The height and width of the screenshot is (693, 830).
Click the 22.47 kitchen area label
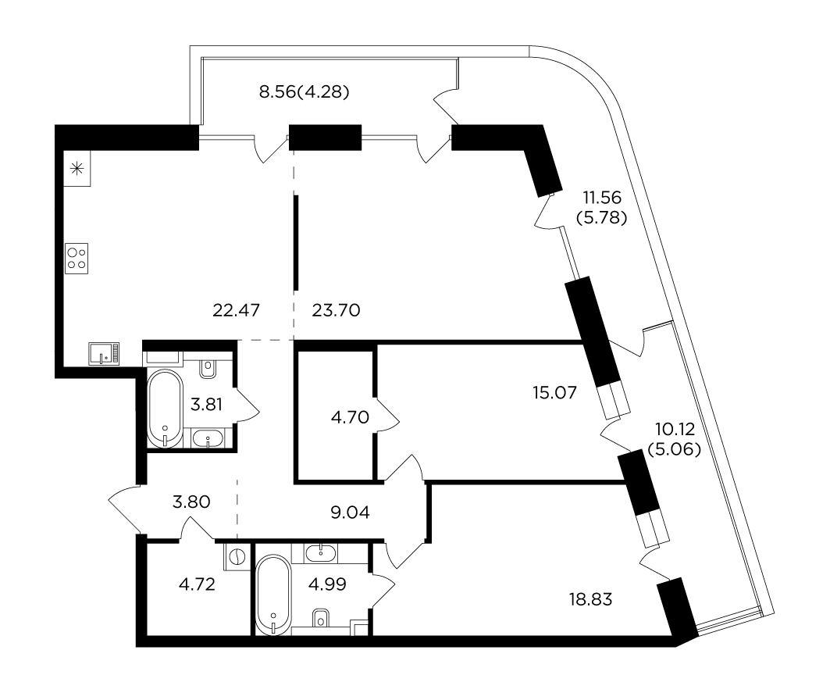(236, 310)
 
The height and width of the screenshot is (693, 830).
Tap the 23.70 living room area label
(336, 310)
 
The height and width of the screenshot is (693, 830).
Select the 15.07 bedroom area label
(554, 393)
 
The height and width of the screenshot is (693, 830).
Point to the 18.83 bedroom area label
(591, 600)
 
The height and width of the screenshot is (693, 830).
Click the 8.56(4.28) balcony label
(305, 92)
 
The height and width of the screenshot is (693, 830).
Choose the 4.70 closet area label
(350, 417)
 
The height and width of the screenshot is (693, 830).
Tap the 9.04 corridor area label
(350, 513)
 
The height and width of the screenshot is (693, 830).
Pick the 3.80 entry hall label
(191, 502)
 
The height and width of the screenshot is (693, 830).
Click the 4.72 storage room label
(197, 584)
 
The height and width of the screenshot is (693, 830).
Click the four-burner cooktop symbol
(77, 259)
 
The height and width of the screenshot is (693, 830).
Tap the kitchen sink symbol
(104, 353)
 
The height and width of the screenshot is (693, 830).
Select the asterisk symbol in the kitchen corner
(77, 169)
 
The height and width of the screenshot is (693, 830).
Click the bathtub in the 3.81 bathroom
(166, 409)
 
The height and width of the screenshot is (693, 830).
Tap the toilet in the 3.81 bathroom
(208, 369)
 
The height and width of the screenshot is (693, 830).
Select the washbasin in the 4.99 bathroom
(321, 553)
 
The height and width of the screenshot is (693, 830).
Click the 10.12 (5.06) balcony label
(675, 438)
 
